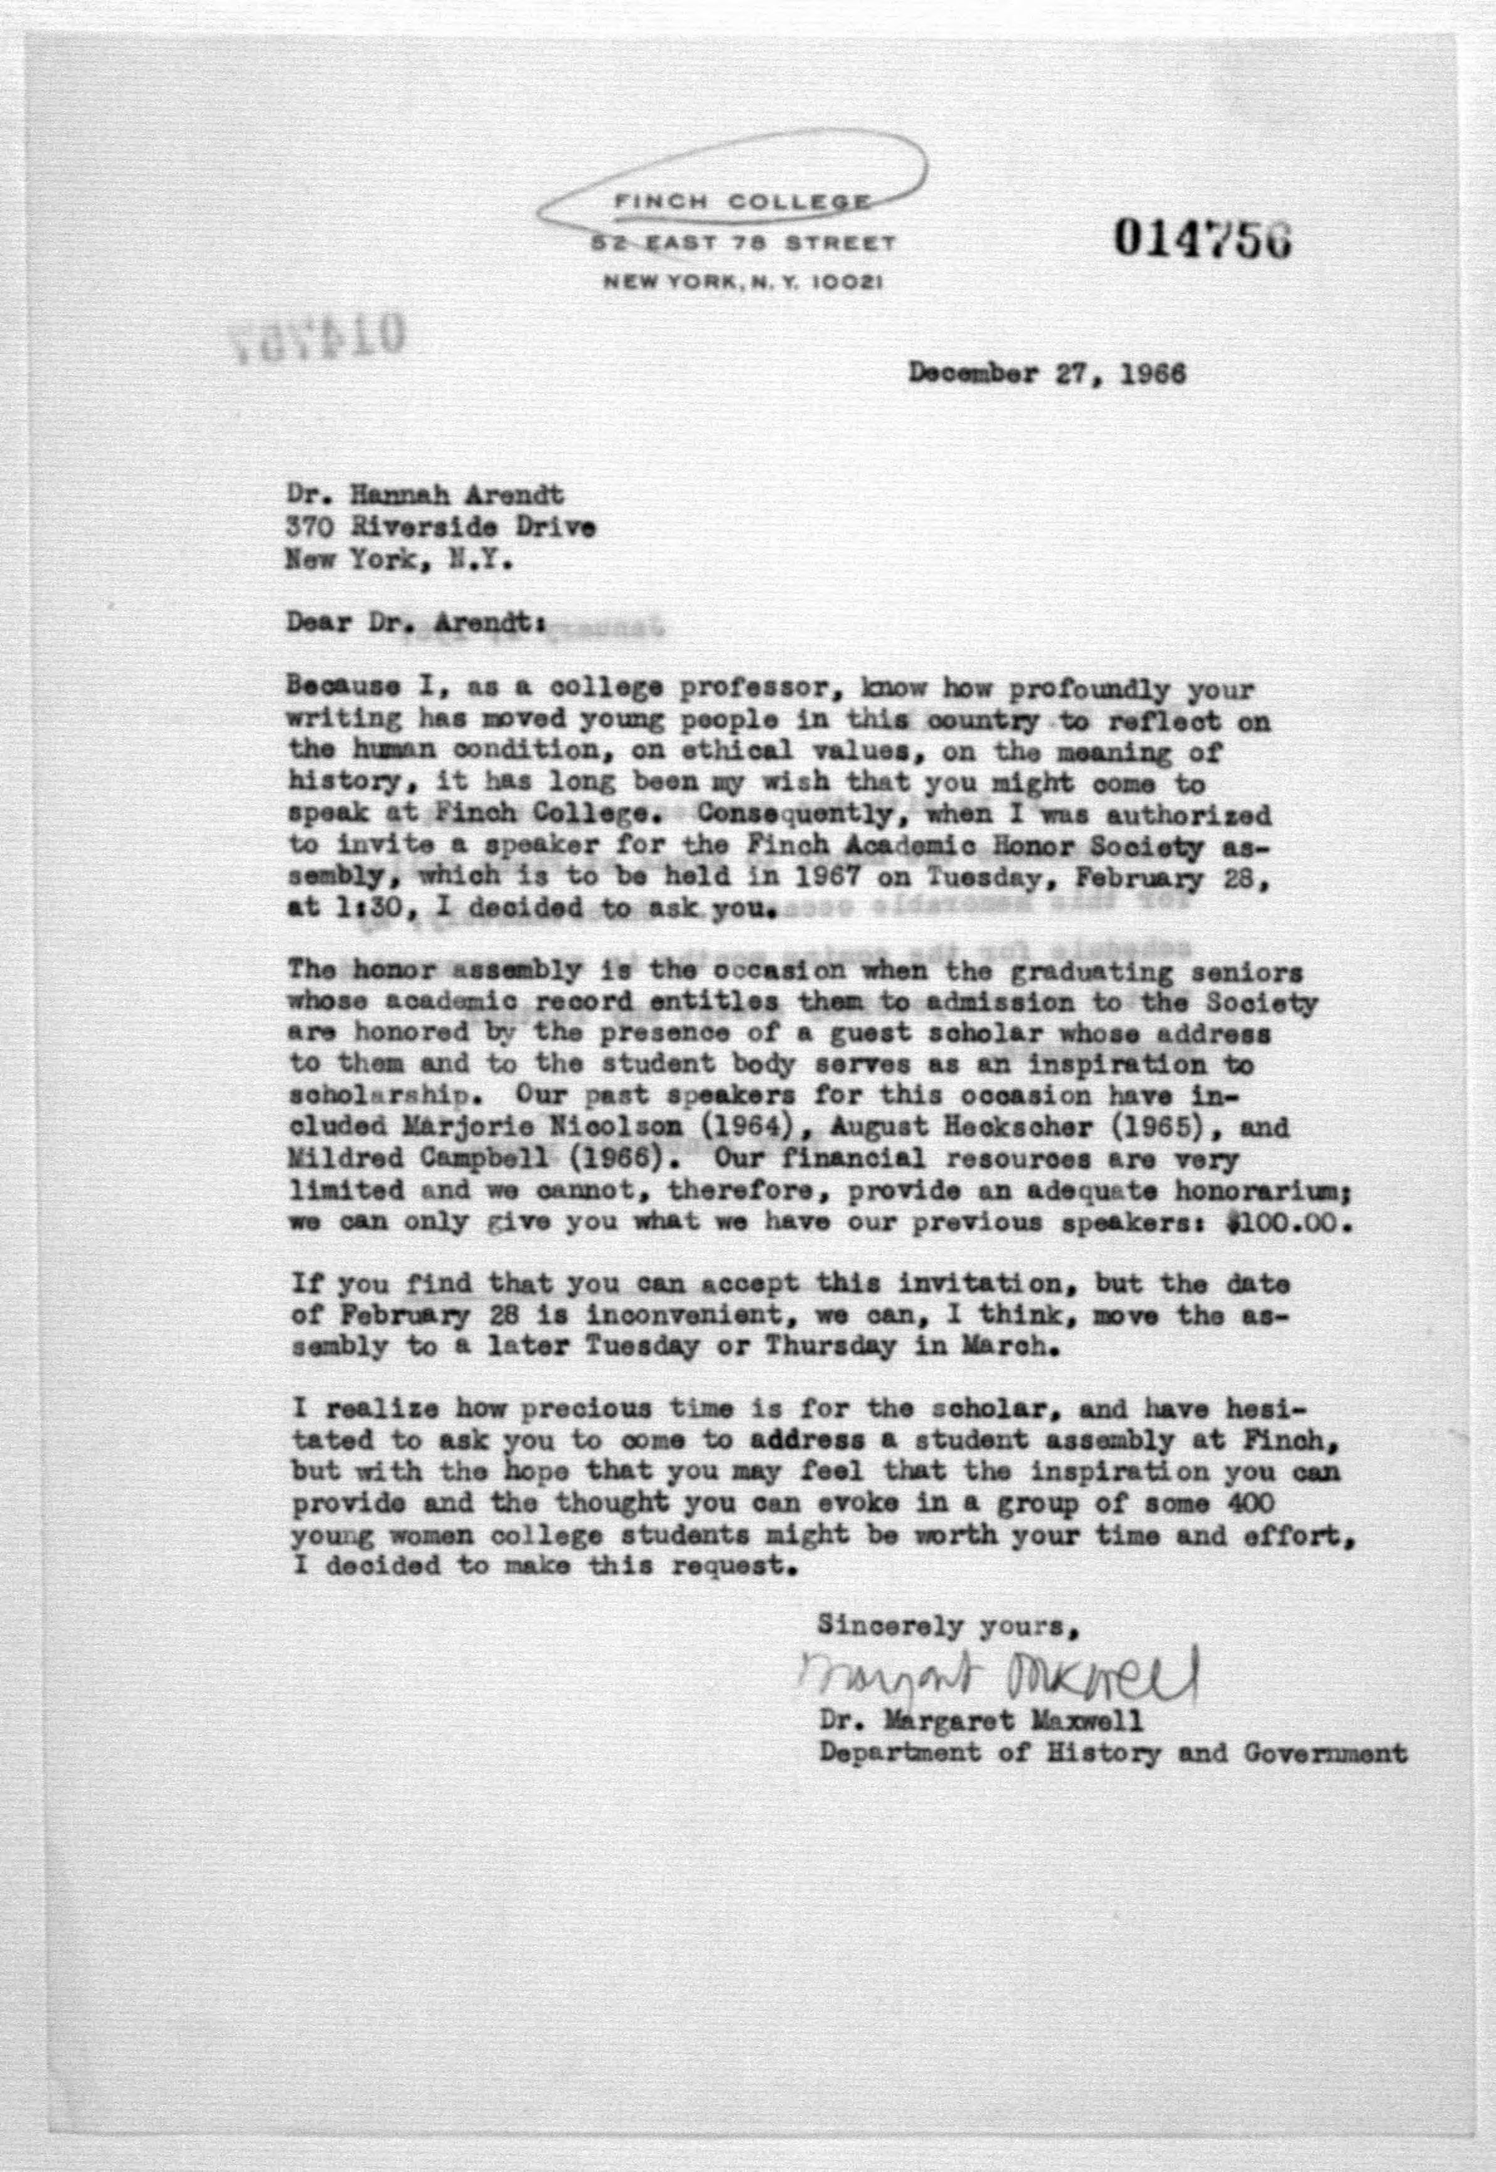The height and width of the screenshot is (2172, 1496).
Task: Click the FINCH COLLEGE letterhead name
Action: [740, 202]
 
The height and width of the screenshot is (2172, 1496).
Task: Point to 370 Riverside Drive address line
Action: [441, 527]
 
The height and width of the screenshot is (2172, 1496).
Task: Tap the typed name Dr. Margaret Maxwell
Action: [980, 1721]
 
